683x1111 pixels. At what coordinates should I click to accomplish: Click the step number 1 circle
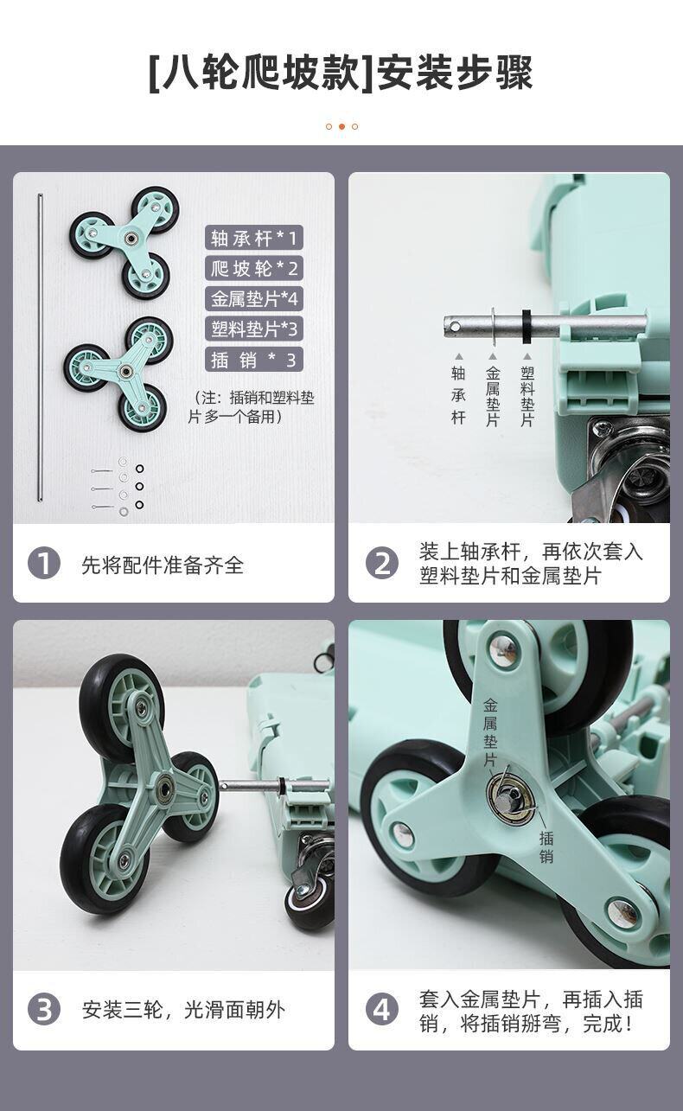tap(44, 564)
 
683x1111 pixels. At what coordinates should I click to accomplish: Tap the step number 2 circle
tap(381, 564)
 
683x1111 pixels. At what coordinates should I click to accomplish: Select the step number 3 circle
tap(44, 1010)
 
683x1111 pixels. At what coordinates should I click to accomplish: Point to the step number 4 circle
tap(381, 1010)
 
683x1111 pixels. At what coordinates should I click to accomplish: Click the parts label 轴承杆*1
tap(254, 238)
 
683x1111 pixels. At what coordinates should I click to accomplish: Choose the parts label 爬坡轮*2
tap(254, 268)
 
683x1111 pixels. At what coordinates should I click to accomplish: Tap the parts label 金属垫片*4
tap(254, 298)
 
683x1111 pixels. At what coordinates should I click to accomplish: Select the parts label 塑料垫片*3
tap(254, 329)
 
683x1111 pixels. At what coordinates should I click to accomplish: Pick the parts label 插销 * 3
tap(254, 360)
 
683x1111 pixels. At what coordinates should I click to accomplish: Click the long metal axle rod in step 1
tap(40, 348)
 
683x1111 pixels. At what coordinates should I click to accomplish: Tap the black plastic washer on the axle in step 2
tap(527, 326)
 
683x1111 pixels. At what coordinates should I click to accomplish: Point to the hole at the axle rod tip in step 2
tap(455, 326)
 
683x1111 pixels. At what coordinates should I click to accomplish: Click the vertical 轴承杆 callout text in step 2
tap(458, 395)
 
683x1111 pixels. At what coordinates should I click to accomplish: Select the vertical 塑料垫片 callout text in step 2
tap(527, 396)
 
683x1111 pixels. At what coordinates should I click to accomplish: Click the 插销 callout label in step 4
tap(546, 846)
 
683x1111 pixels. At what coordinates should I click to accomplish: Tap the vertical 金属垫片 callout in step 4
tap(490, 732)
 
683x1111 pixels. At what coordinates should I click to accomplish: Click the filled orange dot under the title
tap(341, 126)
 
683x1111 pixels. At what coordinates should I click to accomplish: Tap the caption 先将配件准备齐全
tap(163, 565)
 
